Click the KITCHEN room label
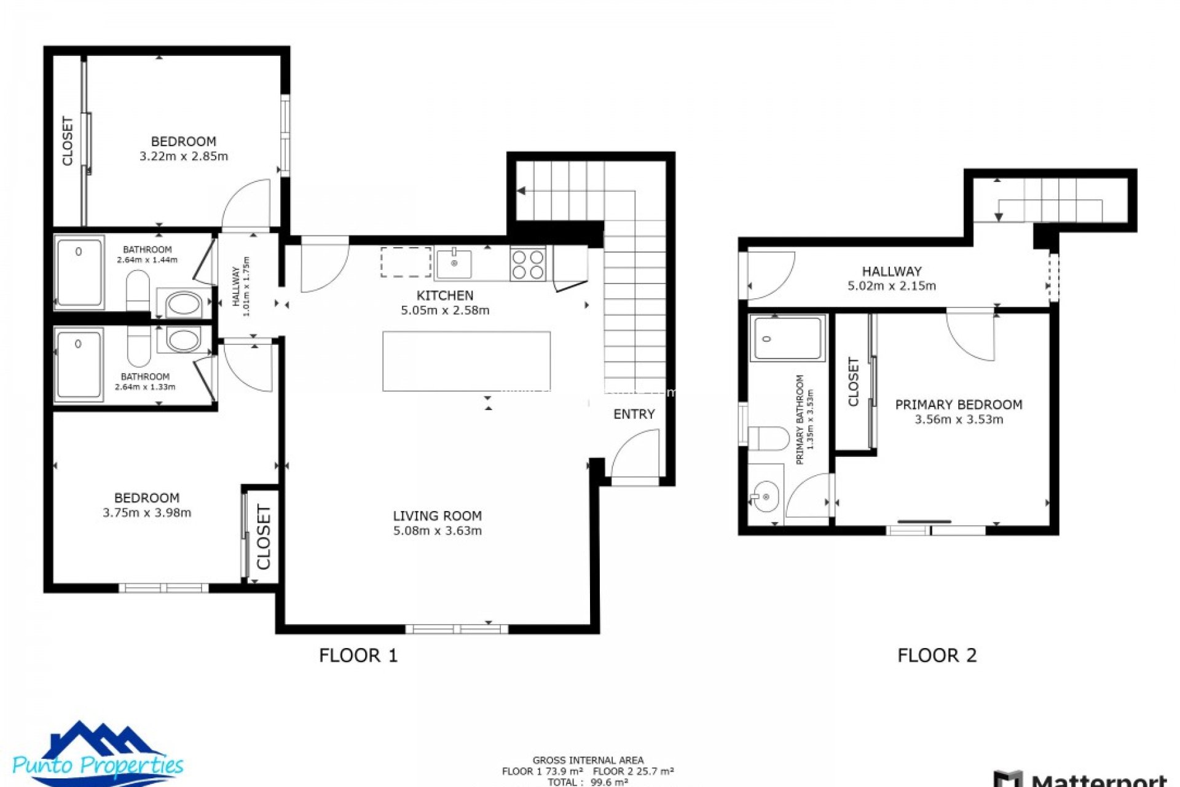click(x=445, y=296)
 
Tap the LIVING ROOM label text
click(x=437, y=516)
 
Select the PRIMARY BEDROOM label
click(x=958, y=405)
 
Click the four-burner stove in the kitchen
click(x=528, y=264)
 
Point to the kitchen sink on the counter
click(x=454, y=264)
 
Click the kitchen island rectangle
click(x=466, y=361)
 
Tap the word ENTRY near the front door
click(x=634, y=414)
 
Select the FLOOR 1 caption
click(x=358, y=655)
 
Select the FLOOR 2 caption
click(x=937, y=655)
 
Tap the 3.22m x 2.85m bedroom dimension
click(x=184, y=156)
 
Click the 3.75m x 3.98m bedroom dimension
click(x=147, y=513)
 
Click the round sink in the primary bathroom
click(x=766, y=496)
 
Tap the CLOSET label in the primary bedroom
click(x=853, y=382)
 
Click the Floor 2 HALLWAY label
click(x=891, y=271)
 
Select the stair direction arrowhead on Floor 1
click(x=521, y=191)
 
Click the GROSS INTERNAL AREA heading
click(x=588, y=761)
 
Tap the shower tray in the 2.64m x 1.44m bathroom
click(x=79, y=272)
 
